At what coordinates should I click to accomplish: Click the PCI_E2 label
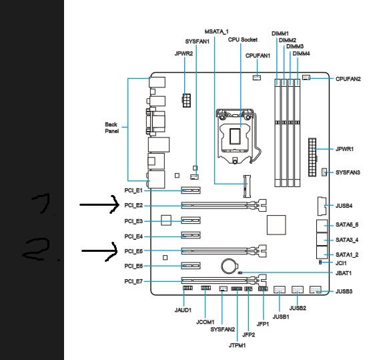[x=133, y=205]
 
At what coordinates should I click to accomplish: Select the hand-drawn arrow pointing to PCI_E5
[x=99, y=251]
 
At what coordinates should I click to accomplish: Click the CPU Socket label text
[x=242, y=39]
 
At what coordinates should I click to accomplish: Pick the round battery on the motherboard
[x=230, y=266]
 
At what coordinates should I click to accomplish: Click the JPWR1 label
[x=344, y=149]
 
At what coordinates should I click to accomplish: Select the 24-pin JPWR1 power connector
[x=312, y=157]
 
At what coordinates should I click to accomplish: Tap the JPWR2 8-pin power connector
[x=187, y=101]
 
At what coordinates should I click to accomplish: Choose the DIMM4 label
[x=301, y=53]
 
